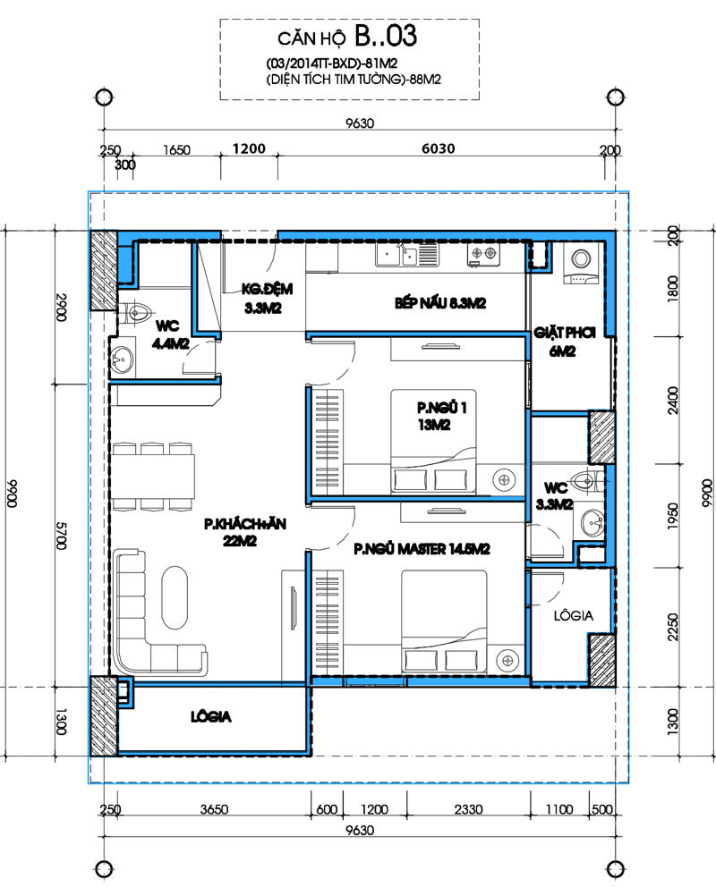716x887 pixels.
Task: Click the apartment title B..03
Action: click(x=386, y=35)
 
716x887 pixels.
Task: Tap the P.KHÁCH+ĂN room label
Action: click(x=245, y=524)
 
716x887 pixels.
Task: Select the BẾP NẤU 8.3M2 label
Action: click(x=440, y=303)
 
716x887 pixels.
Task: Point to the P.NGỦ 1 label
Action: click(x=442, y=408)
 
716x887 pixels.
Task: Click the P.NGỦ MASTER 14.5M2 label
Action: click(x=422, y=549)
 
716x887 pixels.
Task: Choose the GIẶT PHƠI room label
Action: click(x=565, y=333)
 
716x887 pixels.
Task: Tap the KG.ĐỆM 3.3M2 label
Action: click(x=267, y=299)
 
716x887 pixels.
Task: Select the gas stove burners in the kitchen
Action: click(x=484, y=255)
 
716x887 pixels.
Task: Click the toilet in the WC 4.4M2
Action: click(x=136, y=312)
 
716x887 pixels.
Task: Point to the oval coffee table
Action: click(x=175, y=598)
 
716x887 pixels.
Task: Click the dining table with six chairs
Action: click(x=153, y=477)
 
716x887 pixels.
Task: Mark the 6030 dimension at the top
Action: click(x=438, y=148)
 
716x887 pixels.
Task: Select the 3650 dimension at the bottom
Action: click(x=214, y=809)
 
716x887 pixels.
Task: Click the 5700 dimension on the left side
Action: click(x=61, y=535)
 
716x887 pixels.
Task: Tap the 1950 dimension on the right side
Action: click(x=672, y=516)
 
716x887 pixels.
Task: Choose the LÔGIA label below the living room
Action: click(x=211, y=717)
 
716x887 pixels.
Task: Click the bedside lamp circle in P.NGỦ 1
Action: click(x=504, y=480)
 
